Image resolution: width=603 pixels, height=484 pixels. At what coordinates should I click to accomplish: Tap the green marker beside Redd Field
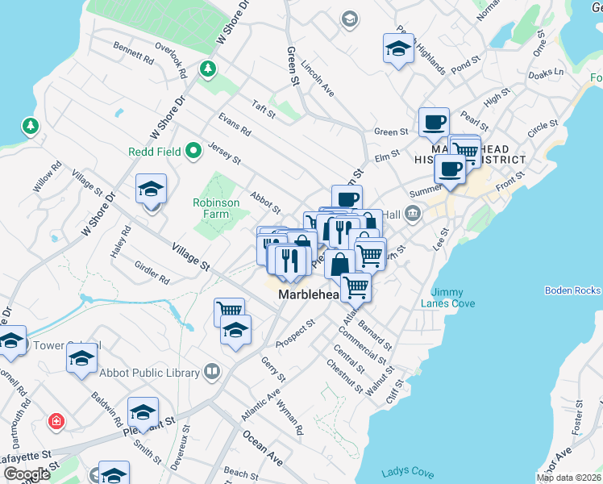point(193,150)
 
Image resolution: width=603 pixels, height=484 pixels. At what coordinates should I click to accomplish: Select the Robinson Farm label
point(215,208)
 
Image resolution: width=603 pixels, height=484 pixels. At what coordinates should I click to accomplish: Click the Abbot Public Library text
point(149,373)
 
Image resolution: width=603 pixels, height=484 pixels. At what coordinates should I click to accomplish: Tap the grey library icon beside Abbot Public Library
point(211,372)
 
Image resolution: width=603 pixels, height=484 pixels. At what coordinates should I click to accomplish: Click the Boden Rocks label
point(572,290)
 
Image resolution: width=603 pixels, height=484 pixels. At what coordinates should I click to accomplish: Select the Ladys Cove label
point(408,474)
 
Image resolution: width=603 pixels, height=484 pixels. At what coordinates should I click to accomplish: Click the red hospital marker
point(55,420)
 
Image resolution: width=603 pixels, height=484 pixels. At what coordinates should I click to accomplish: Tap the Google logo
point(27,474)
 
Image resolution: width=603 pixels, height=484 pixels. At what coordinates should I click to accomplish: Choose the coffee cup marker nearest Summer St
point(449,169)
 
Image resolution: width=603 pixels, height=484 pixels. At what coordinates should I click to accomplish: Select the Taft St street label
point(263,110)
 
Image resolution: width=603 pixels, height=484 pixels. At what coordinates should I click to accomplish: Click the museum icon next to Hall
point(413,214)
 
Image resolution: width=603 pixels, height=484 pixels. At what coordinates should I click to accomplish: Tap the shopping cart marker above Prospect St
point(229,310)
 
